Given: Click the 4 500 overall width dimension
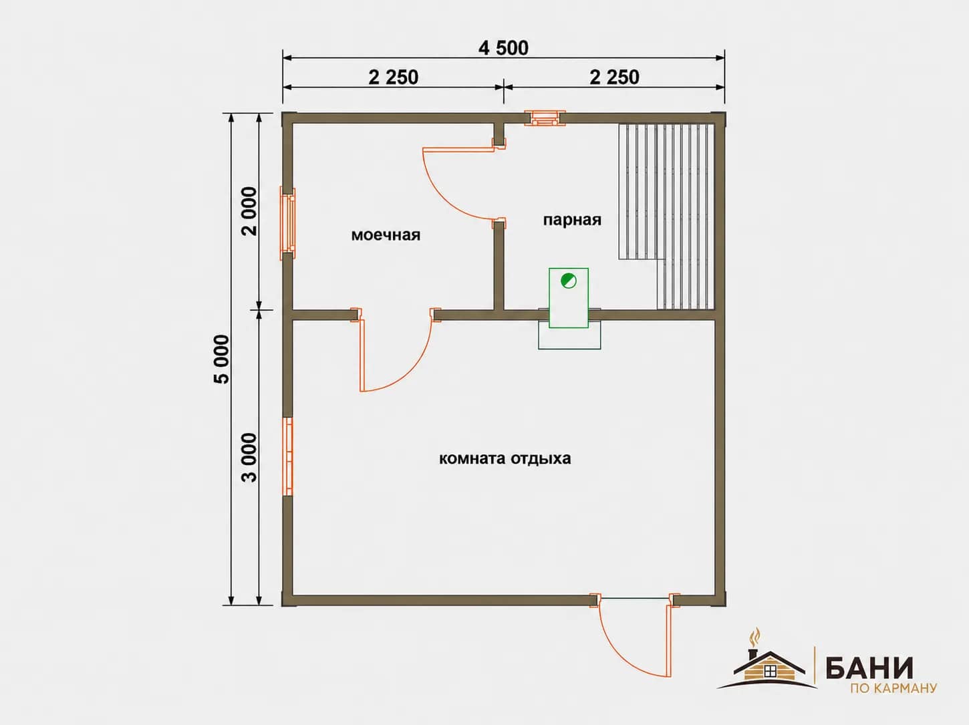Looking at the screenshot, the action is point(503,48).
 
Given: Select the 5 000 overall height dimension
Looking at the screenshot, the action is point(221,359).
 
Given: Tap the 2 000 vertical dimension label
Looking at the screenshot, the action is point(249,211).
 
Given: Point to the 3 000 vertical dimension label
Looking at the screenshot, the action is point(249,458).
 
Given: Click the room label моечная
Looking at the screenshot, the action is point(386,235).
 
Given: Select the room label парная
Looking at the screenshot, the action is point(571,220).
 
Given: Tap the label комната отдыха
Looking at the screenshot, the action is point(505,458).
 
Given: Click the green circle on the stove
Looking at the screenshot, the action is point(568,281).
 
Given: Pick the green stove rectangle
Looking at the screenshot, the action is point(569,298).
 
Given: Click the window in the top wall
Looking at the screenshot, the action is point(545,118).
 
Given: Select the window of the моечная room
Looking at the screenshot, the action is point(287,223).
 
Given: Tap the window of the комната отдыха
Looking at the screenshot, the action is point(288,456).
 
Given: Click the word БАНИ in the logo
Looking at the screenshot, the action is point(869,668).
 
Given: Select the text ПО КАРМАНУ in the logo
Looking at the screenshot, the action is point(893,689).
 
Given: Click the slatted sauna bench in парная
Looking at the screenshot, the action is point(666,216).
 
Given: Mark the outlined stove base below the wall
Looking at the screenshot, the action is point(569,339).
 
